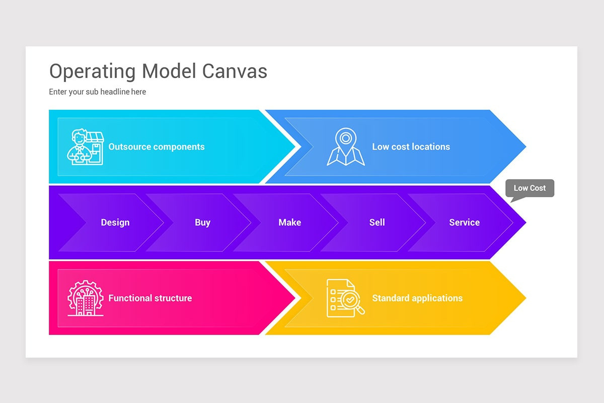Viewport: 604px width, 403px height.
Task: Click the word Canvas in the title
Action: coord(235,71)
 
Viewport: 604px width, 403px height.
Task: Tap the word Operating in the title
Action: coord(93,72)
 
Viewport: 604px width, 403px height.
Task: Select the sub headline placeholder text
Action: coord(97,92)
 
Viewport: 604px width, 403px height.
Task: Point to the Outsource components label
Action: coord(157,147)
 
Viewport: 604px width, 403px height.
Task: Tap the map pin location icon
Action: coord(346,147)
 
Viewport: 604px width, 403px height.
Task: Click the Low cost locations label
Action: coord(411,147)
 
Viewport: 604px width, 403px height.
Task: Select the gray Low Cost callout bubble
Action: coord(530,188)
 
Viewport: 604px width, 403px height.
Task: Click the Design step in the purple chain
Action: coord(115,222)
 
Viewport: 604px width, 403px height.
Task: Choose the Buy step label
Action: coord(202,222)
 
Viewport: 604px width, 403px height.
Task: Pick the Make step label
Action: coord(289,222)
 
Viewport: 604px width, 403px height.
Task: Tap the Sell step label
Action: coord(377,222)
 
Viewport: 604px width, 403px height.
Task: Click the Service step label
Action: coord(464,222)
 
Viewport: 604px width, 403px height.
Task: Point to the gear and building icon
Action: coord(86,298)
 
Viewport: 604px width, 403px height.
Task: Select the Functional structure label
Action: coord(150,298)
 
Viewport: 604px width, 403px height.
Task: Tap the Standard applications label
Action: coord(417,298)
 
